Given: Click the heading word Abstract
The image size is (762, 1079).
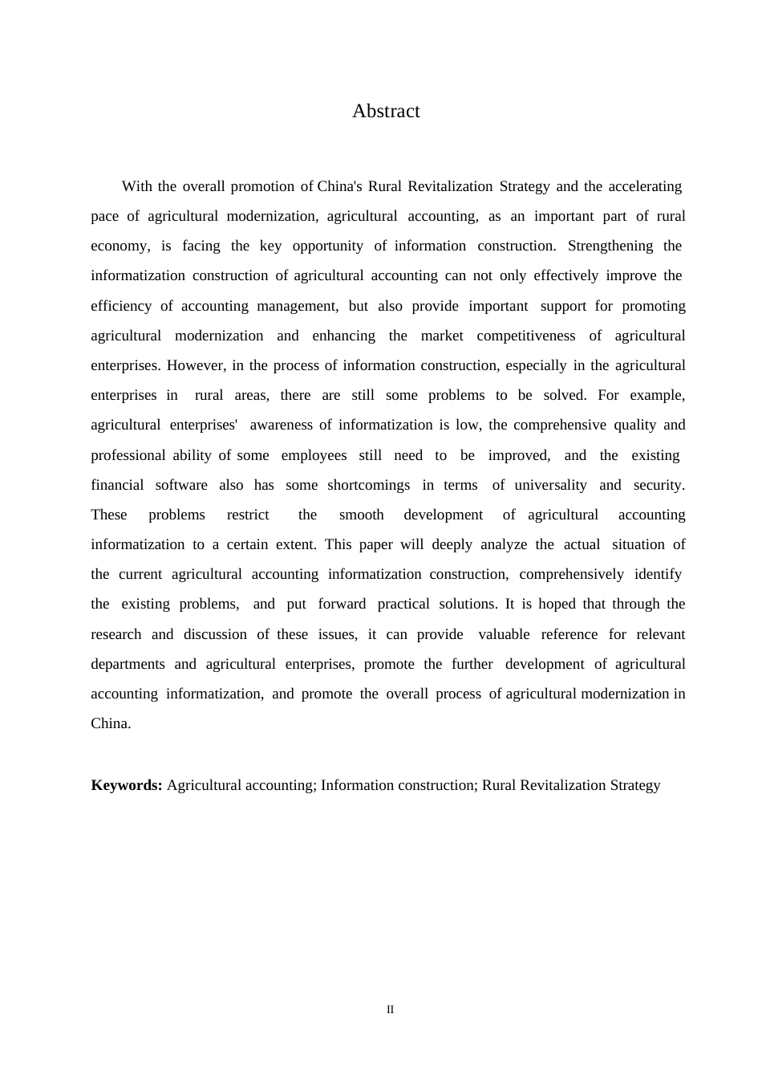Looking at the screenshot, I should pyautogui.click(x=386, y=112).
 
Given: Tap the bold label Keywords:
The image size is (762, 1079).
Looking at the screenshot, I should pyautogui.click(x=127, y=785).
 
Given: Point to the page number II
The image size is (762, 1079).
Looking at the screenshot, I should pyautogui.click(x=390, y=1010).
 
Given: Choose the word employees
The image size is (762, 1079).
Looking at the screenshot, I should pyautogui.click(x=314, y=455).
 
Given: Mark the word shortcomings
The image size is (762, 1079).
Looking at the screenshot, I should pyautogui.click(x=368, y=485).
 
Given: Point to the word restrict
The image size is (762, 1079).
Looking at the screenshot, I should pyautogui.click(x=248, y=515).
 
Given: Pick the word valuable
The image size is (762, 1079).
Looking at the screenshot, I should pyautogui.click(x=504, y=634).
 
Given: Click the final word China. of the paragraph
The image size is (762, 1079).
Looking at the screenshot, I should pyautogui.click(x=111, y=723).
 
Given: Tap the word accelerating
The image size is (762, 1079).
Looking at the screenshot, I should pyautogui.click(x=644, y=186).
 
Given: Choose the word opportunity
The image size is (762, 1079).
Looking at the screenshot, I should pyautogui.click(x=327, y=246).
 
